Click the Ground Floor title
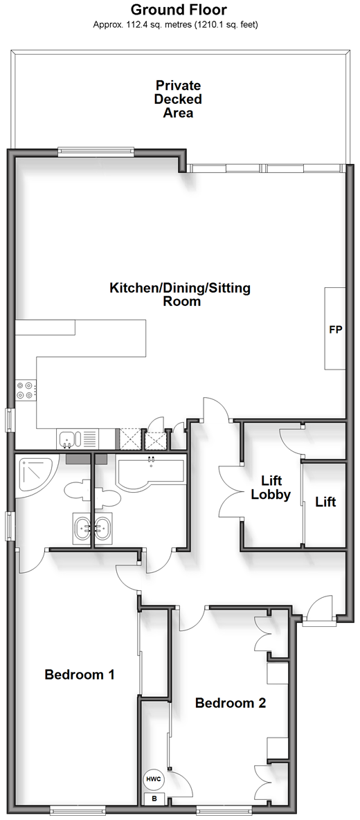(x=179, y=10)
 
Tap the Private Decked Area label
(x=179, y=99)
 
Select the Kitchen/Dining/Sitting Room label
(x=180, y=294)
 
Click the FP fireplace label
(x=335, y=330)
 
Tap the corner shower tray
(x=33, y=474)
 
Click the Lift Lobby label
(x=271, y=487)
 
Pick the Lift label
(x=325, y=502)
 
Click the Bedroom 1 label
(x=80, y=674)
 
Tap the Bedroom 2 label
(x=231, y=703)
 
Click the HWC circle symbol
(x=153, y=779)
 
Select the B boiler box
(x=154, y=799)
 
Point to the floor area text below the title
(x=176, y=24)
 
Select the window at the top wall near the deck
(x=96, y=152)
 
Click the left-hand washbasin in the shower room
(x=82, y=529)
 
